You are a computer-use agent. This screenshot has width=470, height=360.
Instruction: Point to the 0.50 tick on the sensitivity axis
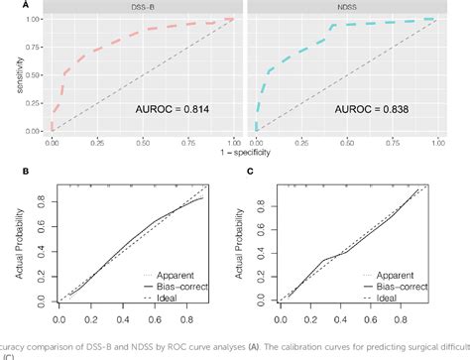(34, 75)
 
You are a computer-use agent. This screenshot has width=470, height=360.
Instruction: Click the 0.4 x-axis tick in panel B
(122, 321)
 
